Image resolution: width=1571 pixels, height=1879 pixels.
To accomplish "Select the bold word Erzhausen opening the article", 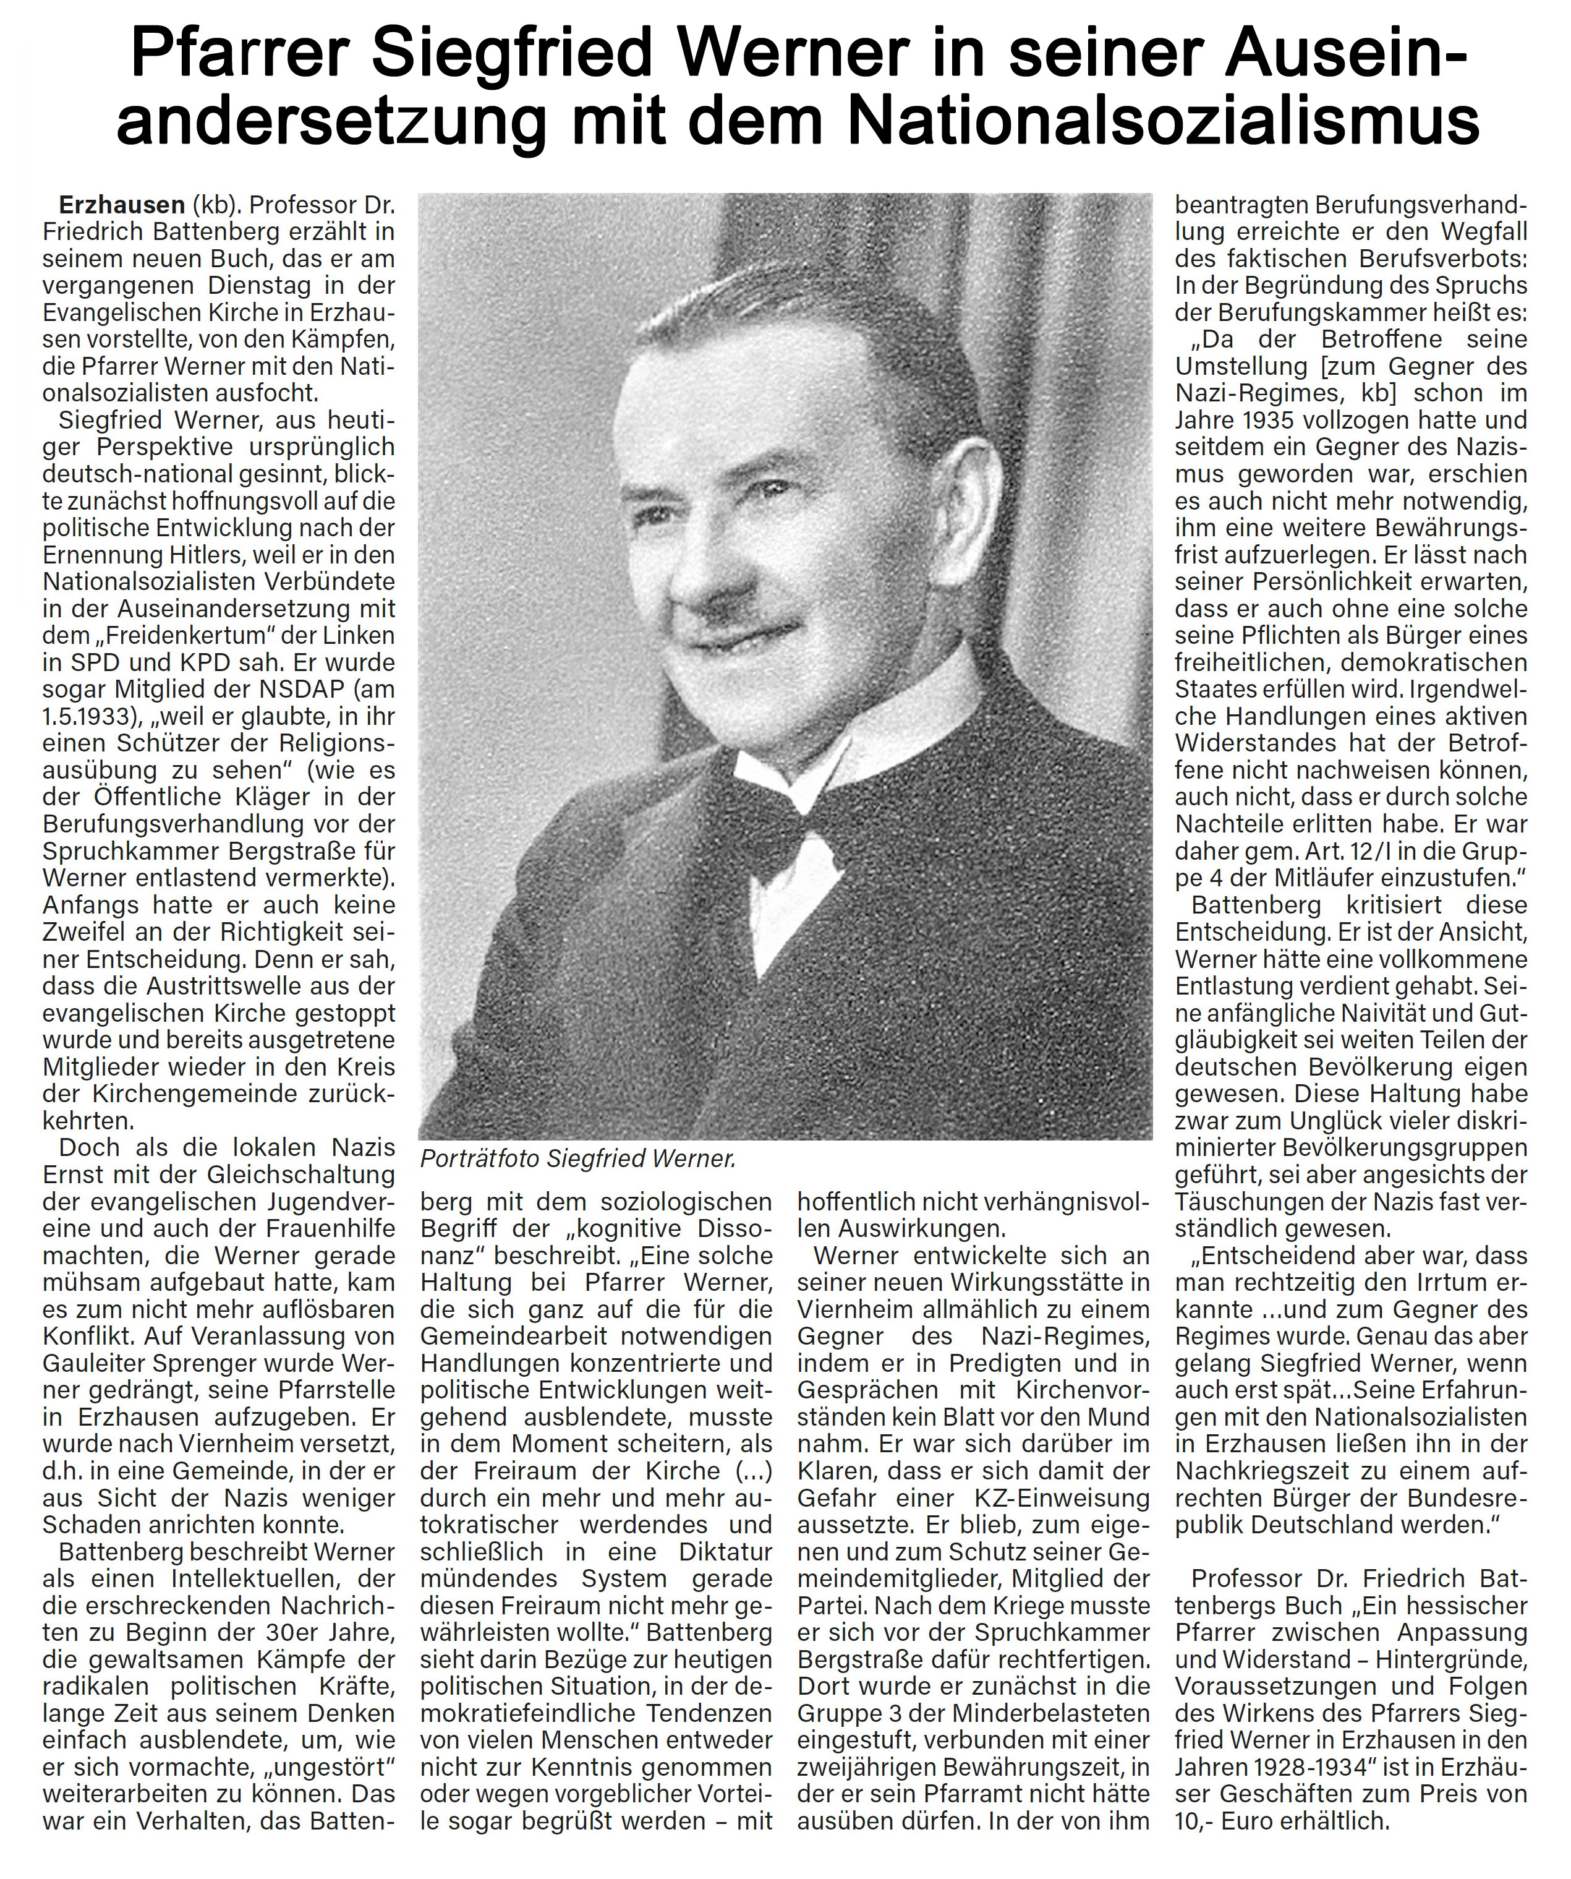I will [x=120, y=205].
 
